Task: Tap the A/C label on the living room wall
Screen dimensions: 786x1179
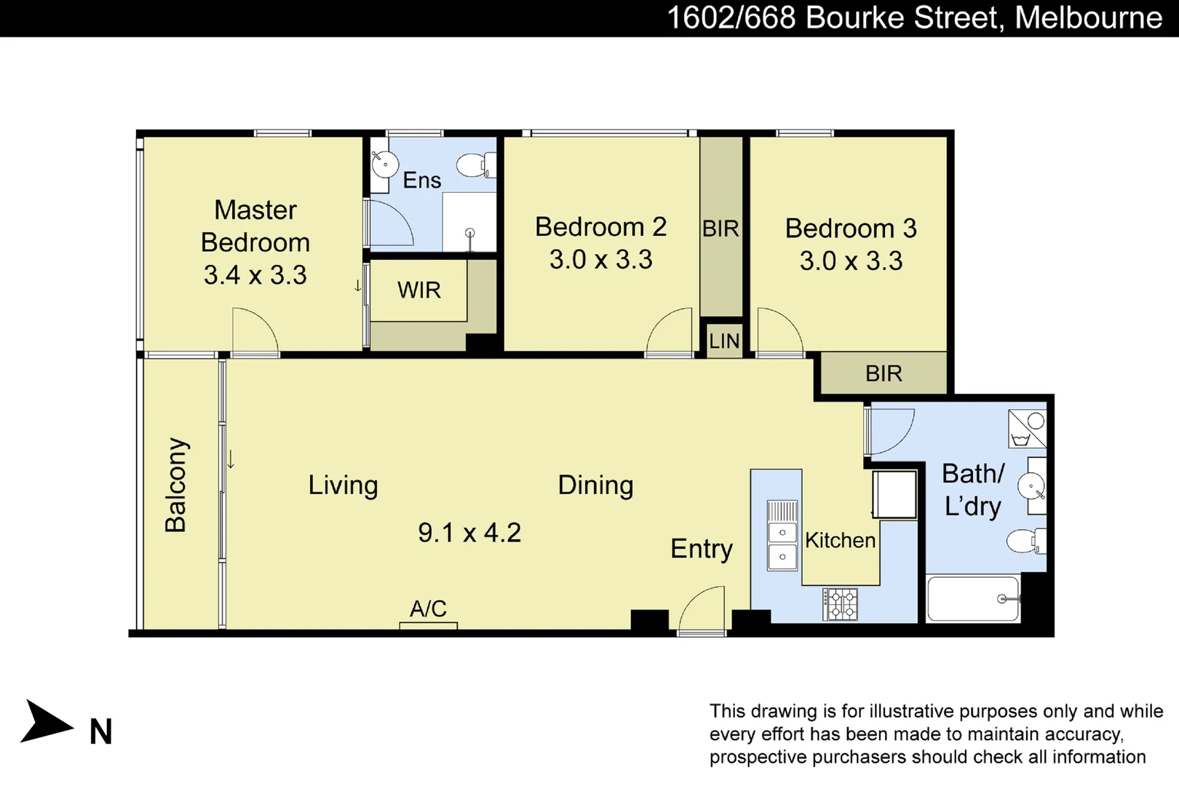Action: [428, 608]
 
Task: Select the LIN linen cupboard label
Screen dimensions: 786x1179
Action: [724, 341]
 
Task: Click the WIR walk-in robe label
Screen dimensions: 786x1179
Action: [419, 290]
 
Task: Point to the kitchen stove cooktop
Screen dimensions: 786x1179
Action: [840, 604]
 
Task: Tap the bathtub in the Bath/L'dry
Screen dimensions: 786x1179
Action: [973, 599]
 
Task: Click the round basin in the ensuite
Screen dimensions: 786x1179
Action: [384, 164]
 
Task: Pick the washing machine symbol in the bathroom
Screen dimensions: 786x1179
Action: [1027, 429]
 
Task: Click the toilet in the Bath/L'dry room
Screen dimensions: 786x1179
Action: [1025, 541]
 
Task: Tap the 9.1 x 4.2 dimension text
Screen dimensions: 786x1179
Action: [469, 533]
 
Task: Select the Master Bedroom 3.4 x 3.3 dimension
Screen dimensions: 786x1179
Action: [255, 275]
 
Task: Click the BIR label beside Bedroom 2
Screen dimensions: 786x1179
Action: [720, 229]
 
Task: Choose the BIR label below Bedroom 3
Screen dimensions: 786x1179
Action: [884, 374]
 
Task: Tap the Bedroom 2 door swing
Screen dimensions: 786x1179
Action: [670, 332]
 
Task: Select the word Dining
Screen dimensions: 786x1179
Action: [595, 485]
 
